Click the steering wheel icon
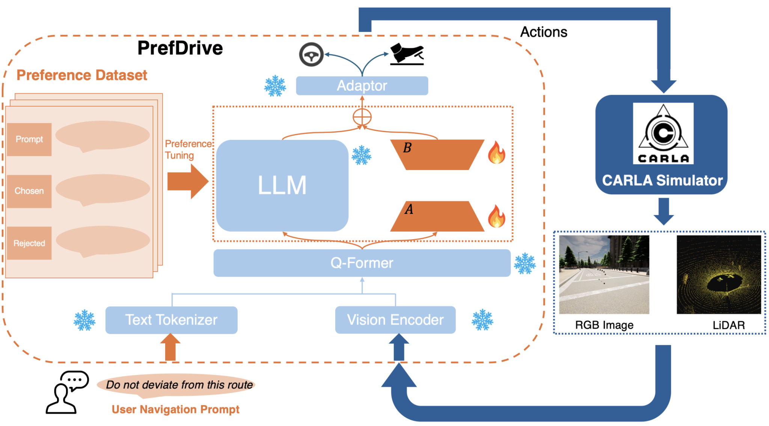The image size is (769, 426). pyautogui.click(x=311, y=55)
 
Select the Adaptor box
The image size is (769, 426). pyautogui.click(x=362, y=86)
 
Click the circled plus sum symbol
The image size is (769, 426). pyautogui.click(x=362, y=117)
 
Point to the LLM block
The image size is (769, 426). pyautogui.click(x=282, y=185)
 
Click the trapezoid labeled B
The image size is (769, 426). pyautogui.click(x=437, y=155)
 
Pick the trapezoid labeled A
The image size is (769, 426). pyautogui.click(x=437, y=217)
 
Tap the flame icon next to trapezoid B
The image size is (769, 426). pyautogui.click(x=496, y=153)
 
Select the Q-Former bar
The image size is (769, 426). pyautogui.click(x=362, y=263)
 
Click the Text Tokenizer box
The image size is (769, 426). pyautogui.click(x=171, y=320)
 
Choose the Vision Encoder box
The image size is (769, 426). pyautogui.click(x=395, y=320)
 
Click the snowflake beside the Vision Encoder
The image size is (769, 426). pyautogui.click(x=482, y=320)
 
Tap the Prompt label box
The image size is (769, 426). pyautogui.click(x=29, y=139)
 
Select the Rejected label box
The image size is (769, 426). pyautogui.click(x=29, y=243)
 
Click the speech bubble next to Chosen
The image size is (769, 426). pyautogui.click(x=102, y=189)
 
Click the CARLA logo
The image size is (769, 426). pyautogui.click(x=663, y=133)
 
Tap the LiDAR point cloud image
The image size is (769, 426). pyautogui.click(x=718, y=274)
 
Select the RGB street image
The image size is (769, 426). pyautogui.click(x=604, y=274)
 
